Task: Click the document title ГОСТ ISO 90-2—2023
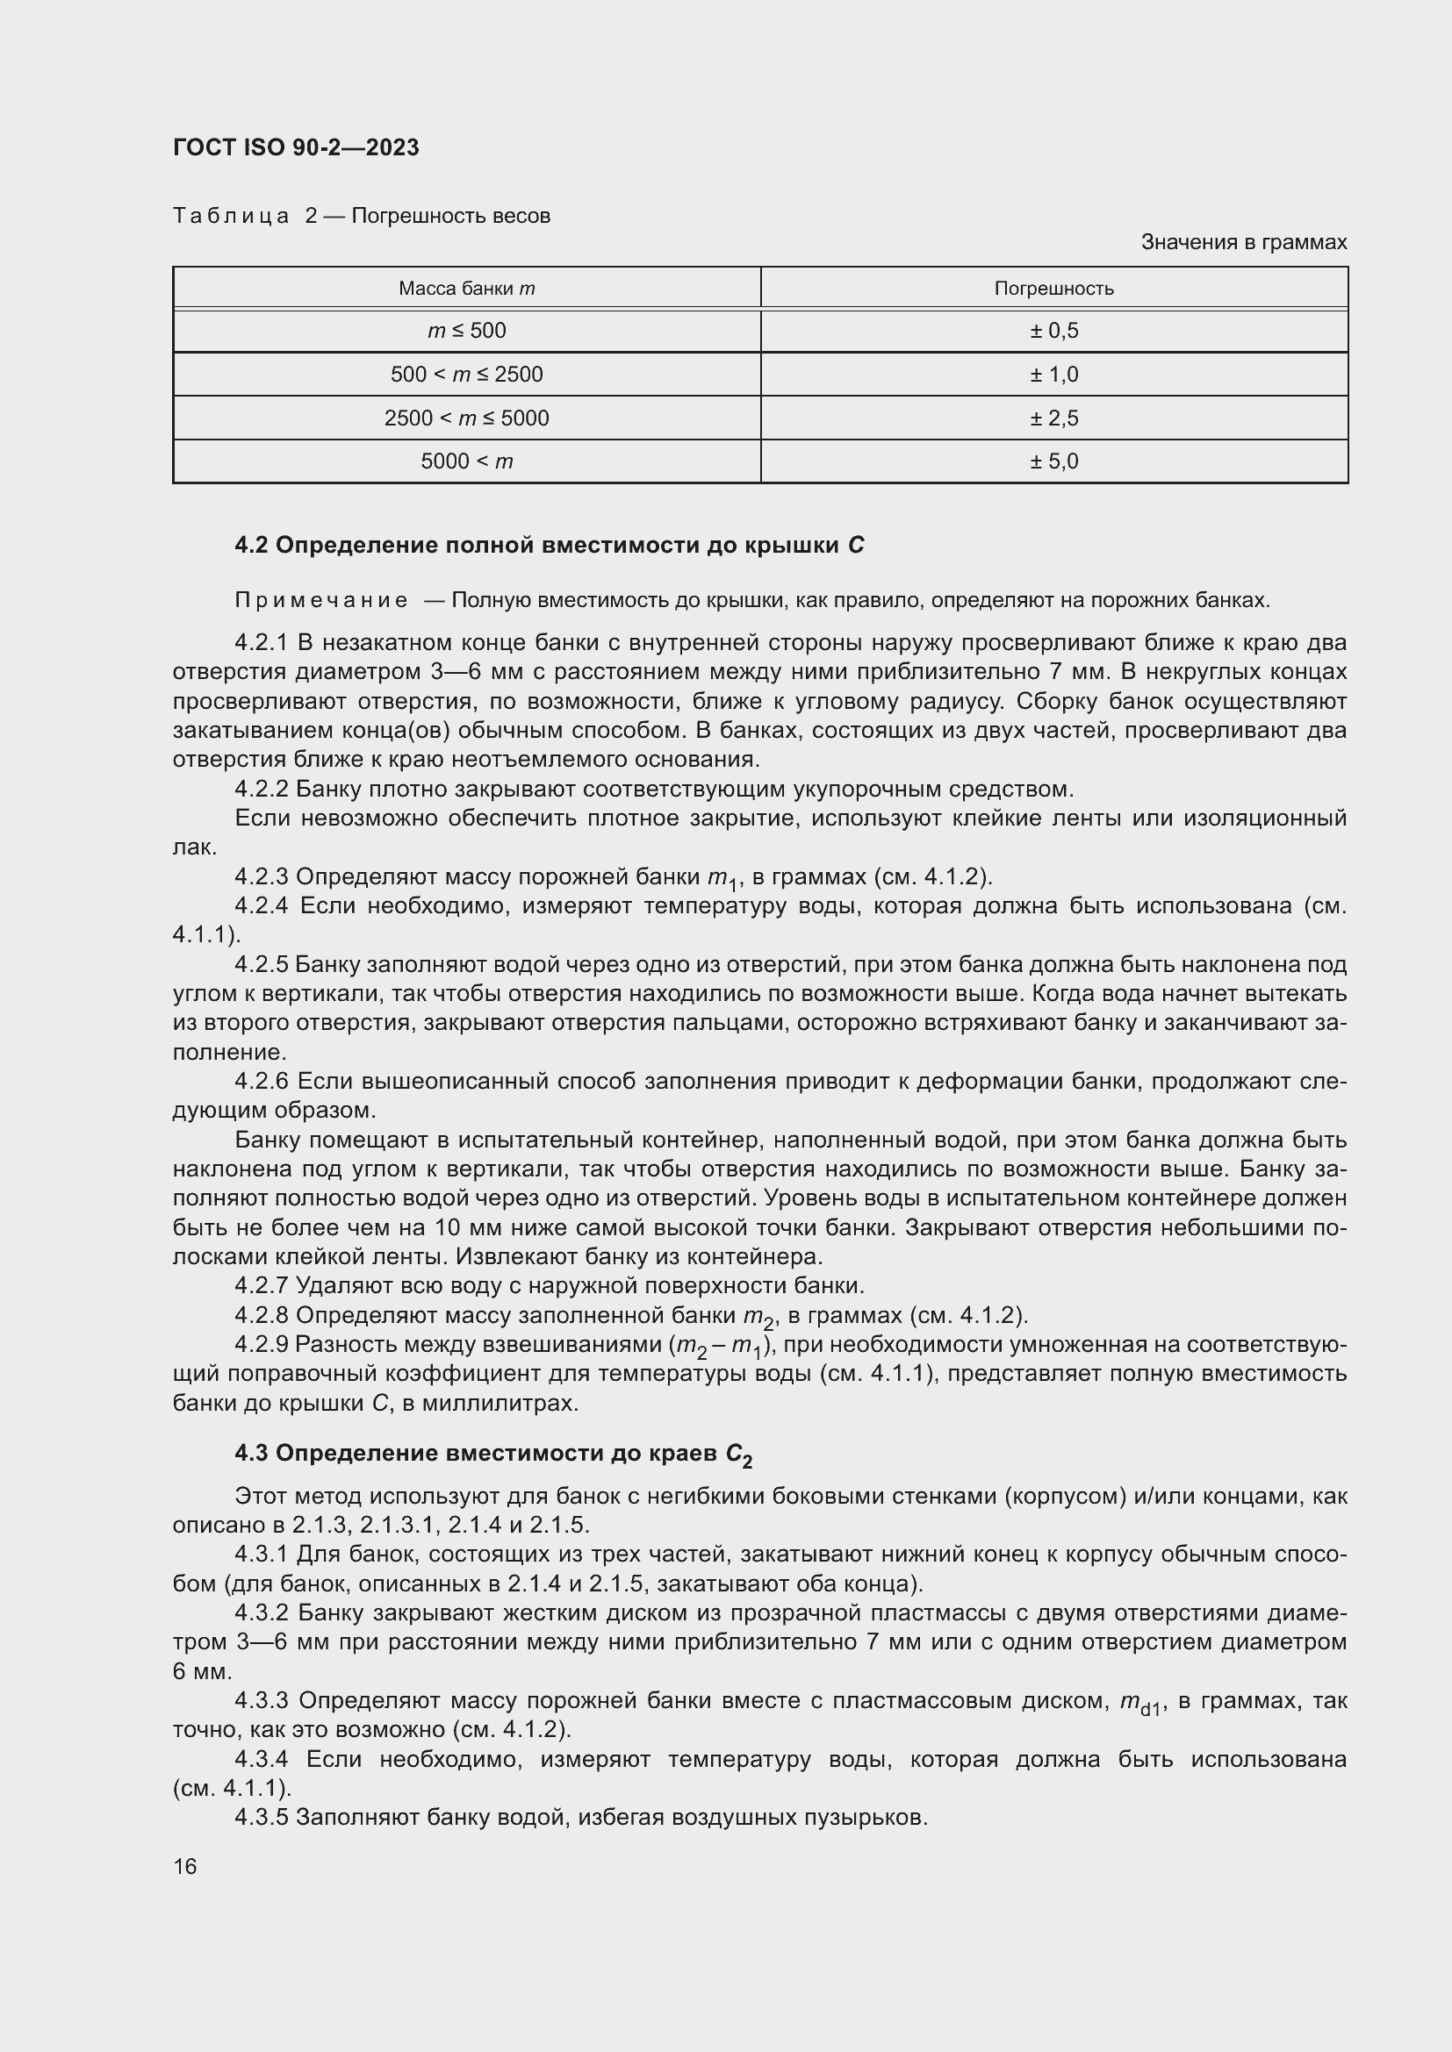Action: tap(296, 147)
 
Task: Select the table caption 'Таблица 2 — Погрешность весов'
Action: tap(361, 216)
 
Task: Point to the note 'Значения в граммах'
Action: tap(1243, 242)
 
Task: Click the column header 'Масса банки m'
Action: tap(467, 289)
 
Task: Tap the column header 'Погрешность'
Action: tap(1053, 289)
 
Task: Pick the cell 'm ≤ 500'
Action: tap(467, 331)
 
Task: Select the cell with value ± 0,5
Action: tap(1053, 331)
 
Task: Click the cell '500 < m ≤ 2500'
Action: tap(467, 375)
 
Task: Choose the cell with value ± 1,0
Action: tap(1053, 375)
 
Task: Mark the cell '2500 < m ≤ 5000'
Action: tap(467, 418)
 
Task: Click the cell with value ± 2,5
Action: tap(1053, 418)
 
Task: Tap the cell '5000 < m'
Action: tap(467, 461)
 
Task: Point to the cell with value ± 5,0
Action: tap(1053, 461)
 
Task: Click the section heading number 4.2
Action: tap(251, 545)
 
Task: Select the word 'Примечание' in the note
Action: tap(321, 600)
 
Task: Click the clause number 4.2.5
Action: tap(261, 965)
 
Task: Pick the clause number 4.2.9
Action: tap(261, 1345)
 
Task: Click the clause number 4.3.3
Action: tap(262, 1701)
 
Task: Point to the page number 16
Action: tap(185, 1866)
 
